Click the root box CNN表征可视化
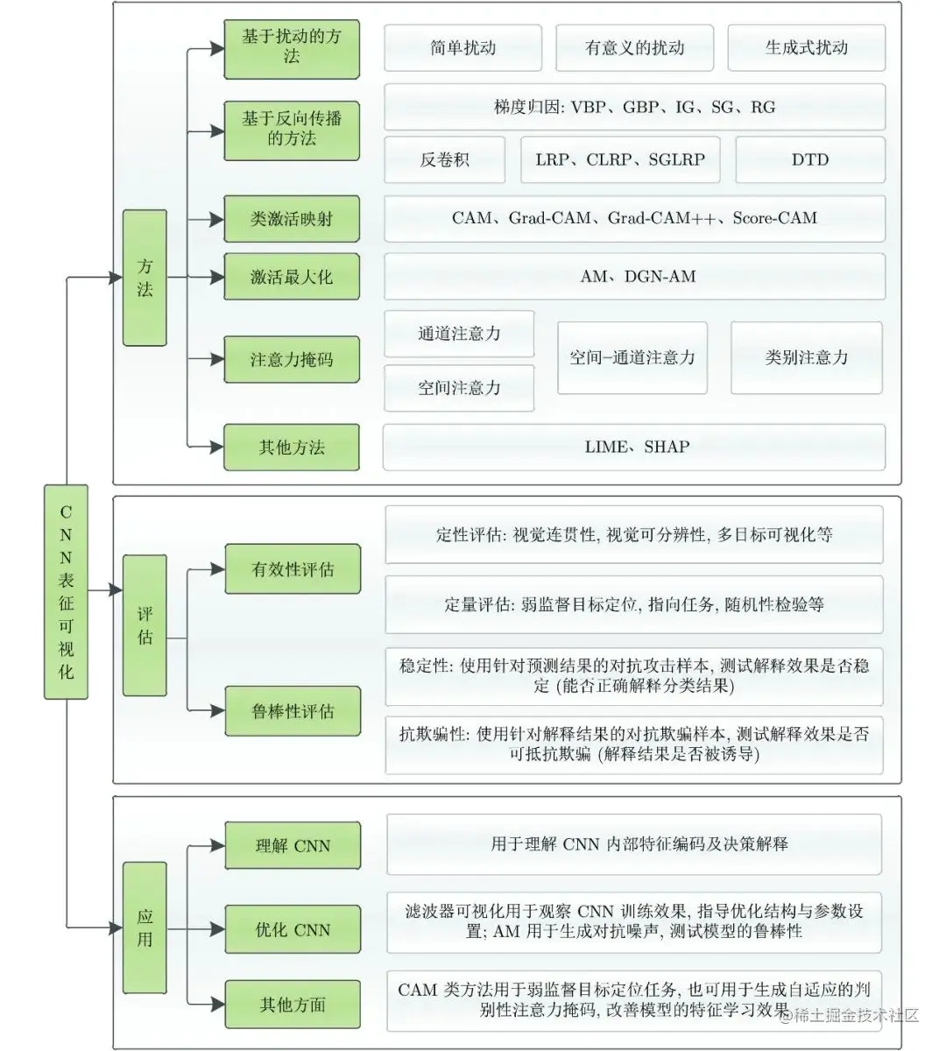[66, 591]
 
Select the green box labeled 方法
[145, 278]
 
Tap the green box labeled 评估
[145, 625]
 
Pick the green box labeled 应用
[145, 928]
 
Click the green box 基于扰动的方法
[292, 47]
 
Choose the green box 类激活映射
[292, 219]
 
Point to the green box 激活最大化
[292, 277]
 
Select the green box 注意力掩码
[292, 359]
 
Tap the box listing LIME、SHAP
[635, 447]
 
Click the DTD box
[809, 159]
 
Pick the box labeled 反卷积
[445, 159]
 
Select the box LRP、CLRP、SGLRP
[620, 159]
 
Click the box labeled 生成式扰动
[806, 47]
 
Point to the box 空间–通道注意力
[632, 357]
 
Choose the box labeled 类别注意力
[806, 357]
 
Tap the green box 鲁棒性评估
[293, 711]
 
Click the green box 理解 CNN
[293, 846]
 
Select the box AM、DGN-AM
[635, 277]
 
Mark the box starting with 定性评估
[634, 534]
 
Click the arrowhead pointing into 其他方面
[218, 1004]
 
